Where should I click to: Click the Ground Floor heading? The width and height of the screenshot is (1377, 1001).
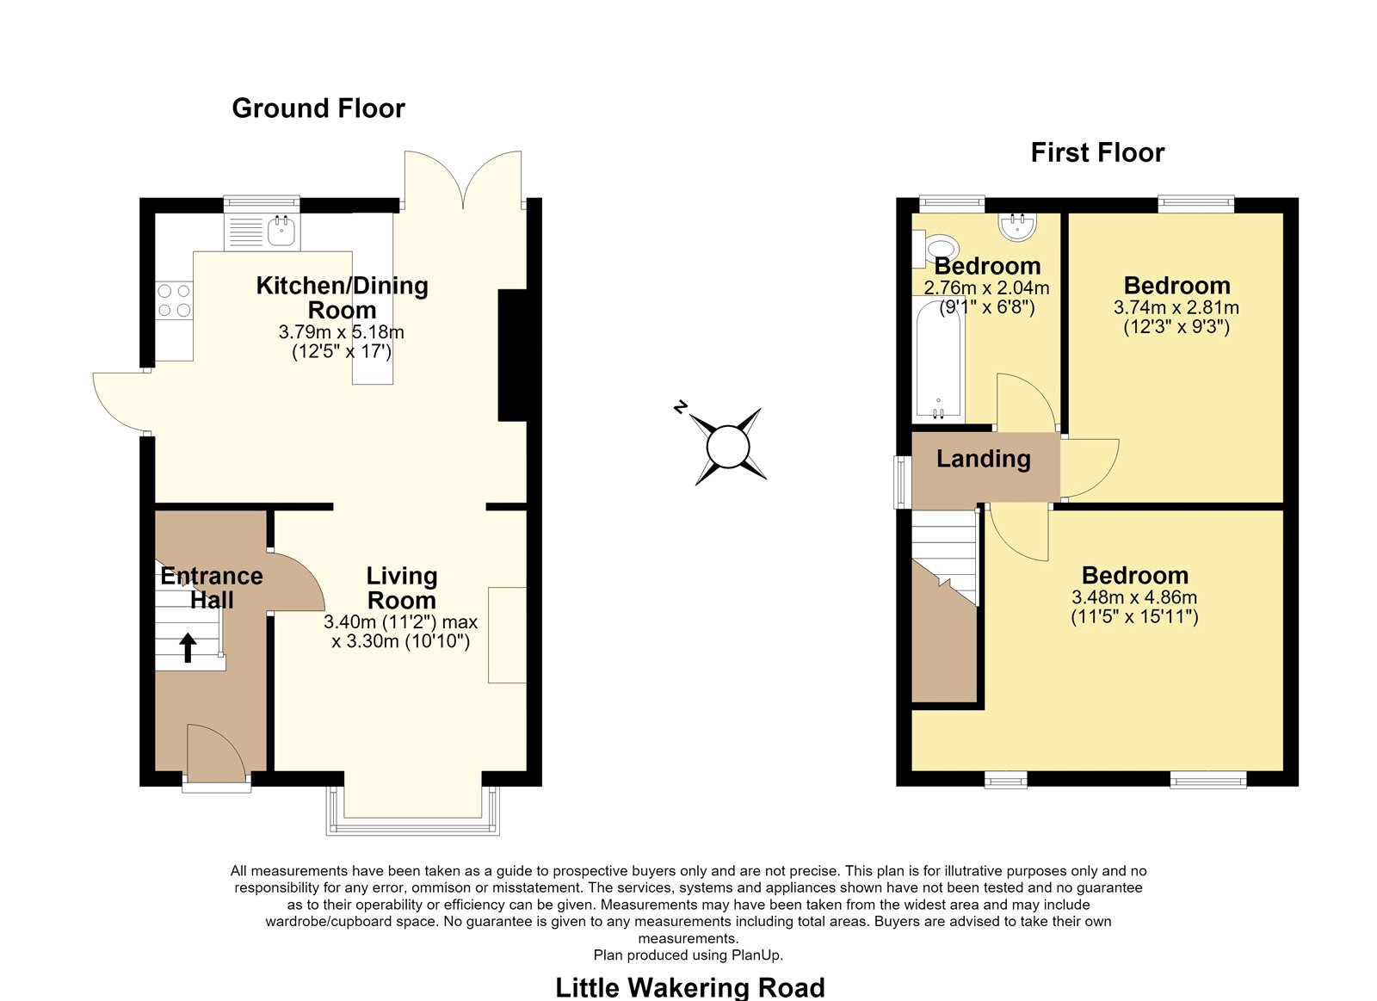click(x=318, y=108)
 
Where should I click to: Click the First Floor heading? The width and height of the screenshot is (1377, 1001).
click(x=1097, y=152)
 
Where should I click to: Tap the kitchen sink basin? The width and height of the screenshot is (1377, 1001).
click(x=281, y=232)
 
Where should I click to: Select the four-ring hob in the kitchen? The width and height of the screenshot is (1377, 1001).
click(x=174, y=300)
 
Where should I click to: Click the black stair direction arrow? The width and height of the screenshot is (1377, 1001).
click(x=188, y=648)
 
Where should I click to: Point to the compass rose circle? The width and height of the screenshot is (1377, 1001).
click(x=728, y=447)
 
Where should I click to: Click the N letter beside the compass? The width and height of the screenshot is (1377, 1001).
click(x=680, y=407)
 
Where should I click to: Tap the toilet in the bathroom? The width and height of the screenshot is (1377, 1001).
click(x=935, y=249)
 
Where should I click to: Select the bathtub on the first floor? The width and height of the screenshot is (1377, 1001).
click(x=938, y=359)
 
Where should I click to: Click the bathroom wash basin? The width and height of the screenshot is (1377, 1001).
click(x=1017, y=226)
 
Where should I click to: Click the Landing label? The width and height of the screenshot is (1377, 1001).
click(x=983, y=459)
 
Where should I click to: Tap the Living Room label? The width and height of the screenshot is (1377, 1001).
click(x=401, y=588)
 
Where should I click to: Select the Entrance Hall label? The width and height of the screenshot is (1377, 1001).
click(x=212, y=588)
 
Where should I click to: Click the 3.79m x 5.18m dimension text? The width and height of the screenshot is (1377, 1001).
click(x=341, y=332)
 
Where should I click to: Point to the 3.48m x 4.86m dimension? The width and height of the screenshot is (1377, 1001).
click(x=1134, y=597)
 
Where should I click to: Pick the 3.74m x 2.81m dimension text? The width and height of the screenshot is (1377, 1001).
click(x=1176, y=307)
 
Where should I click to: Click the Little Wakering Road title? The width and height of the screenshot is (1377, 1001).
click(x=689, y=987)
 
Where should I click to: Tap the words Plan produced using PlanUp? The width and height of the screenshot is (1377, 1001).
click(x=688, y=955)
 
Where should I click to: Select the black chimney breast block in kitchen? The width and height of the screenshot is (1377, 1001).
click(x=512, y=355)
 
